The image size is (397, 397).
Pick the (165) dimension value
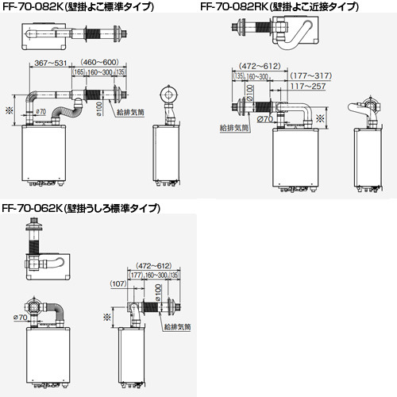(79, 72)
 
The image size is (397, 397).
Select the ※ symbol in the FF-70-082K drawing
(9, 109)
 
